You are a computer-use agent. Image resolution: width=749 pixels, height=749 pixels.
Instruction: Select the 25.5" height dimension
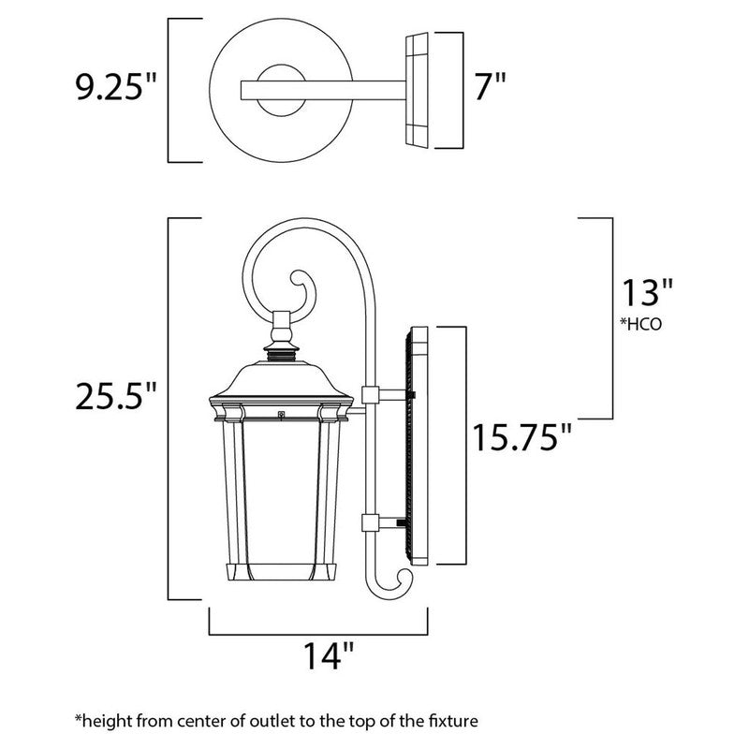coord(115,398)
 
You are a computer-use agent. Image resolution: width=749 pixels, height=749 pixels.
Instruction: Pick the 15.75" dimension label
coord(519,436)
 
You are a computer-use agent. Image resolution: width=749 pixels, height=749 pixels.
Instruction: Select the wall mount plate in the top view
coord(418,90)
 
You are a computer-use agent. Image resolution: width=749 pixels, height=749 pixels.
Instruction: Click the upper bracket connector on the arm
coord(369,395)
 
